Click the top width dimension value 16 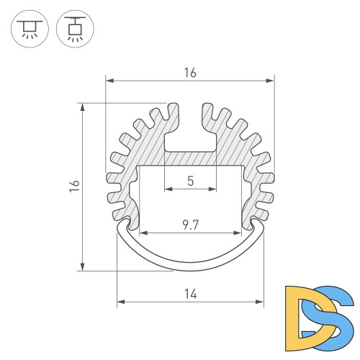click(190, 73)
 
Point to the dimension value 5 click(190, 181)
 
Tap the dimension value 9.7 click(190, 225)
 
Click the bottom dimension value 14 click(190, 294)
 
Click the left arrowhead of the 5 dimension click(168, 189)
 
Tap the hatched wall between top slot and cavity click(190, 158)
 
